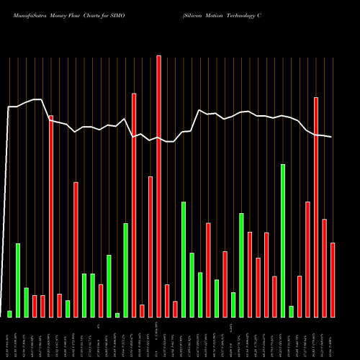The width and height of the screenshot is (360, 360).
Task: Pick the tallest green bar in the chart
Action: pyautogui.click(x=283, y=240)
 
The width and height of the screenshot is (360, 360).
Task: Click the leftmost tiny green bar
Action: pyautogui.click(x=9, y=313)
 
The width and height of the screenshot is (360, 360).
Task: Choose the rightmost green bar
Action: pyautogui.click(x=292, y=311)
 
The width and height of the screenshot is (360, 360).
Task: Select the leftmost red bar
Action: pyautogui.click(x=35, y=306)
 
